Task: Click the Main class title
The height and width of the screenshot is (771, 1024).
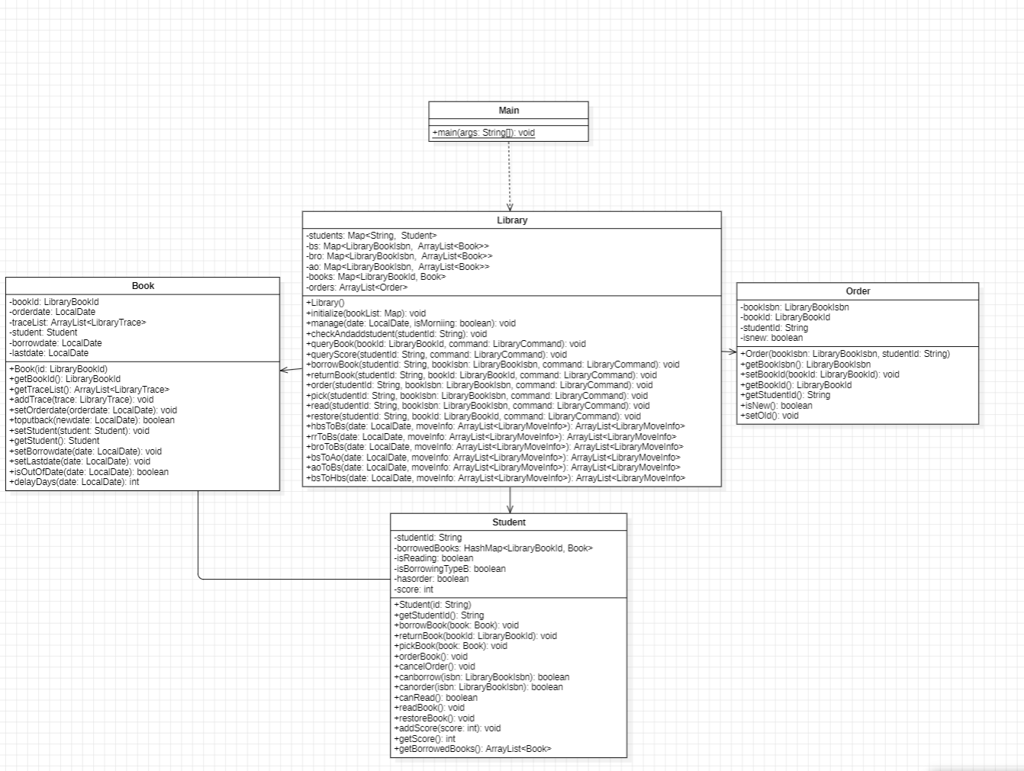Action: pyautogui.click(x=508, y=111)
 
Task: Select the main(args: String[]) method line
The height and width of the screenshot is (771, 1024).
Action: pyautogui.click(x=484, y=133)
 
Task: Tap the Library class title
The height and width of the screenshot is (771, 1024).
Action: pyautogui.click(x=511, y=220)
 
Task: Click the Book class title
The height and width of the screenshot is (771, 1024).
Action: pyautogui.click(x=143, y=286)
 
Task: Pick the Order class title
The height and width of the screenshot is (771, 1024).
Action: pyautogui.click(x=858, y=291)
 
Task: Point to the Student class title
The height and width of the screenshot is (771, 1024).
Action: pyautogui.click(x=508, y=522)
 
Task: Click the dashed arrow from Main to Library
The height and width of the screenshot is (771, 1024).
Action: pyautogui.click(x=509, y=175)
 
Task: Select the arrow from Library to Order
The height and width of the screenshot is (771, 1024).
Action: pyautogui.click(x=729, y=352)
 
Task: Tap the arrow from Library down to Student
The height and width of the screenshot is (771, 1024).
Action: pyautogui.click(x=510, y=500)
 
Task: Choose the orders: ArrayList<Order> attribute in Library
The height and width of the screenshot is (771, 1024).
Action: pyautogui.click(x=357, y=288)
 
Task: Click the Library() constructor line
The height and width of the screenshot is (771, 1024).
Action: pyautogui.click(x=326, y=303)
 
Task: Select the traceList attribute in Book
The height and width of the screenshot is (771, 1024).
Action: pyautogui.click(x=78, y=323)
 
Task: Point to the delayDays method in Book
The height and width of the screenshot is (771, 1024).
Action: pyautogui.click(x=75, y=482)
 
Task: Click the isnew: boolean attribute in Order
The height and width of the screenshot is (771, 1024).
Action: pyautogui.click(x=772, y=338)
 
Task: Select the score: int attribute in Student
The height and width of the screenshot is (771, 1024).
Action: pyautogui.click(x=414, y=589)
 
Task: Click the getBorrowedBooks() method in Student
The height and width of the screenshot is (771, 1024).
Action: pyautogui.click(x=473, y=749)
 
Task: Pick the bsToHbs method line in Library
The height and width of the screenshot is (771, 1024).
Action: pyautogui.click(x=496, y=478)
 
